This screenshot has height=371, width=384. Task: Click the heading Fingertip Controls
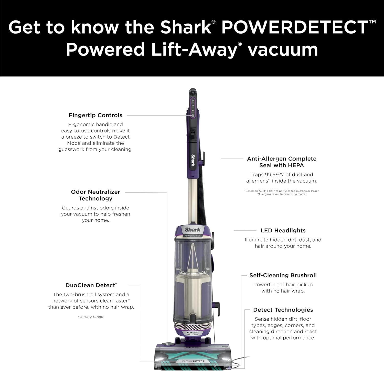point(95,115)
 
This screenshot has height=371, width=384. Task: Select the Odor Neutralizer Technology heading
point(95,195)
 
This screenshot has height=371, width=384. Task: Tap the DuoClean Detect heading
point(91,285)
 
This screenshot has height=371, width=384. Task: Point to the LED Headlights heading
point(283,231)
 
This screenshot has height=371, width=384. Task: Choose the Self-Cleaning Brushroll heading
point(283,275)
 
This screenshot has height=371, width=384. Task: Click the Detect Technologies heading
point(283,310)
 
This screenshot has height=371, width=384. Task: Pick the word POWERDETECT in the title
point(295,27)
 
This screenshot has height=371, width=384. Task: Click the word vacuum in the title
point(283,50)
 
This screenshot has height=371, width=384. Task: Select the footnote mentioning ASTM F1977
point(282,191)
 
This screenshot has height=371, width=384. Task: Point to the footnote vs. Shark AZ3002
point(91,317)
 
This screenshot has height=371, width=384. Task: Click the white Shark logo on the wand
point(193,160)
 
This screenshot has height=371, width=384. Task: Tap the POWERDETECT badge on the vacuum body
point(193,236)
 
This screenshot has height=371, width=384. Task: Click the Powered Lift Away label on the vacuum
point(193,333)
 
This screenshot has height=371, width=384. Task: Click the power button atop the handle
point(193,93)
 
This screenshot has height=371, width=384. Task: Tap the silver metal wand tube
point(193,199)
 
